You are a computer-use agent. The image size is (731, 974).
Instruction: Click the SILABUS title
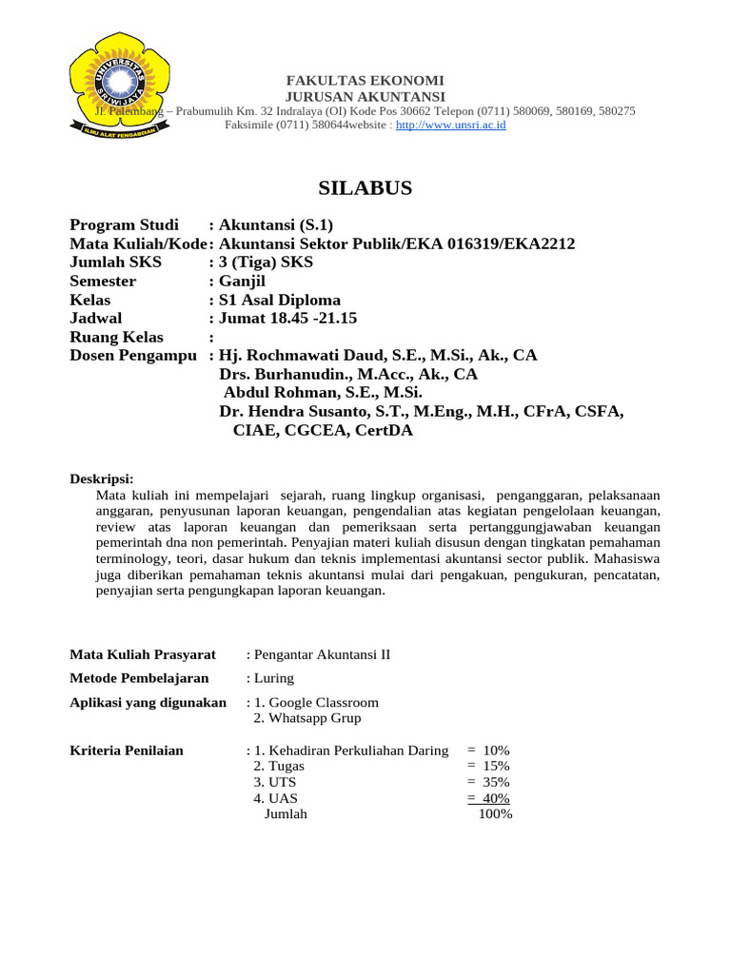pyautogui.click(x=365, y=188)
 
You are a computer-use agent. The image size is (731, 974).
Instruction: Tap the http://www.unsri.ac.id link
pyautogui.click(x=450, y=125)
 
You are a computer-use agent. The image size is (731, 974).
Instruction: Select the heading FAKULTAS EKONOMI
pyautogui.click(x=365, y=81)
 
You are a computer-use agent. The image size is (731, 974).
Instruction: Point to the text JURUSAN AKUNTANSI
pyautogui.click(x=365, y=96)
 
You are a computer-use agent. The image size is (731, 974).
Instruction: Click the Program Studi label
pyautogui.click(x=124, y=225)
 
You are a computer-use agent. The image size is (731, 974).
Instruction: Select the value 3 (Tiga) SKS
pyautogui.click(x=266, y=263)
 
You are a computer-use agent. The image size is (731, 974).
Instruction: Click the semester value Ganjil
pyautogui.click(x=245, y=282)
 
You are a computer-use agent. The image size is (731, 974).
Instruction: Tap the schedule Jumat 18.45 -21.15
pyautogui.click(x=287, y=319)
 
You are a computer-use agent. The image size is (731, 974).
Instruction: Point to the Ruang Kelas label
pyautogui.click(x=116, y=338)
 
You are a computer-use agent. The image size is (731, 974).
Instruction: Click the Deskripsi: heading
pyautogui.click(x=102, y=477)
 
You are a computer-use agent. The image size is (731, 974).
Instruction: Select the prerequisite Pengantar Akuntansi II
pyautogui.click(x=322, y=654)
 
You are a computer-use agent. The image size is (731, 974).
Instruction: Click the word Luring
pyautogui.click(x=273, y=678)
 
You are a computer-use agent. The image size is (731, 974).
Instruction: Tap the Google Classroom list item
pyautogui.click(x=316, y=702)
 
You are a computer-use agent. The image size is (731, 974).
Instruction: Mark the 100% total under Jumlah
pyautogui.click(x=495, y=814)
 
